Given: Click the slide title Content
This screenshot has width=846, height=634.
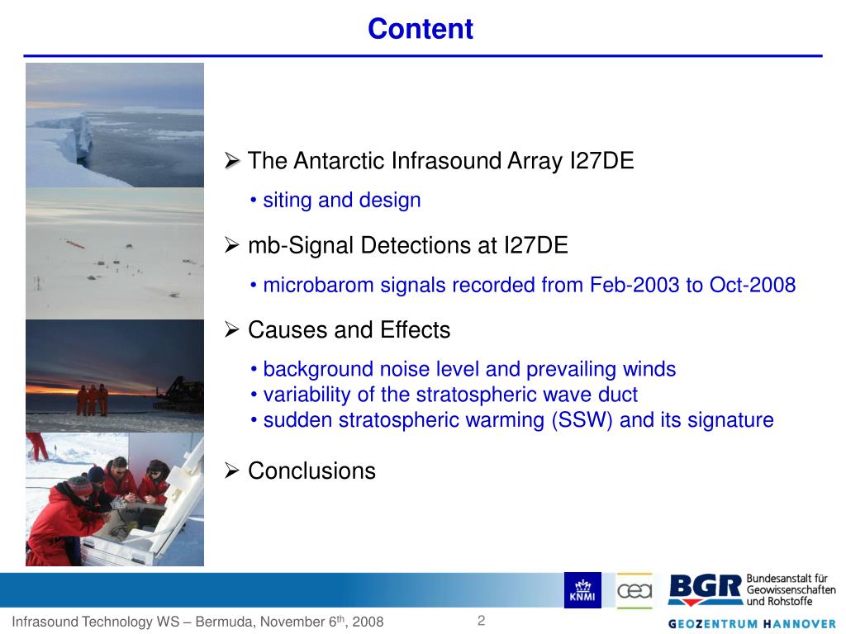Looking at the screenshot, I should point(420,29).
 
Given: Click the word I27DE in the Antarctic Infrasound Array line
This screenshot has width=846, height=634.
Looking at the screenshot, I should point(601,161).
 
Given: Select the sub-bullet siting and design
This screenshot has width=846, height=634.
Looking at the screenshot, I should point(341,200).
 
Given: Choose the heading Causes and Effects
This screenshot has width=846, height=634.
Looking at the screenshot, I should point(349,330).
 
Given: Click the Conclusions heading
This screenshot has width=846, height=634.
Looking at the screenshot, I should point(311,471).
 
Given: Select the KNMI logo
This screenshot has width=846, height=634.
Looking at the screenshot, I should point(582,590).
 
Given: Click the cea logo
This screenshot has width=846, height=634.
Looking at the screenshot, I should point(634,590).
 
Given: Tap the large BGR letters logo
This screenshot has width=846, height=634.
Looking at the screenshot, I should point(704,589).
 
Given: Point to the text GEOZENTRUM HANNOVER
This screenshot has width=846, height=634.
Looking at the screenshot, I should point(752,623).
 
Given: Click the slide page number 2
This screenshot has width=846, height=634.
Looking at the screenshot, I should point(481,621).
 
